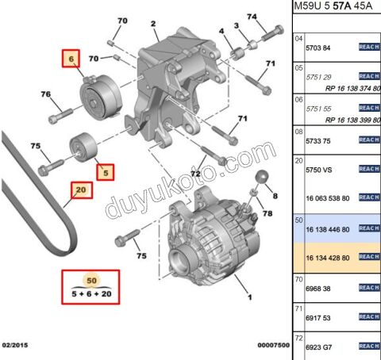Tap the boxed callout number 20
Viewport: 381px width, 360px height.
(80, 190)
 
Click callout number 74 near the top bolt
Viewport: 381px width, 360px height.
(252, 17)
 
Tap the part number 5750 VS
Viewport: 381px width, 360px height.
(321, 169)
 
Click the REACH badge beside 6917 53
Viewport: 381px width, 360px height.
(370, 316)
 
